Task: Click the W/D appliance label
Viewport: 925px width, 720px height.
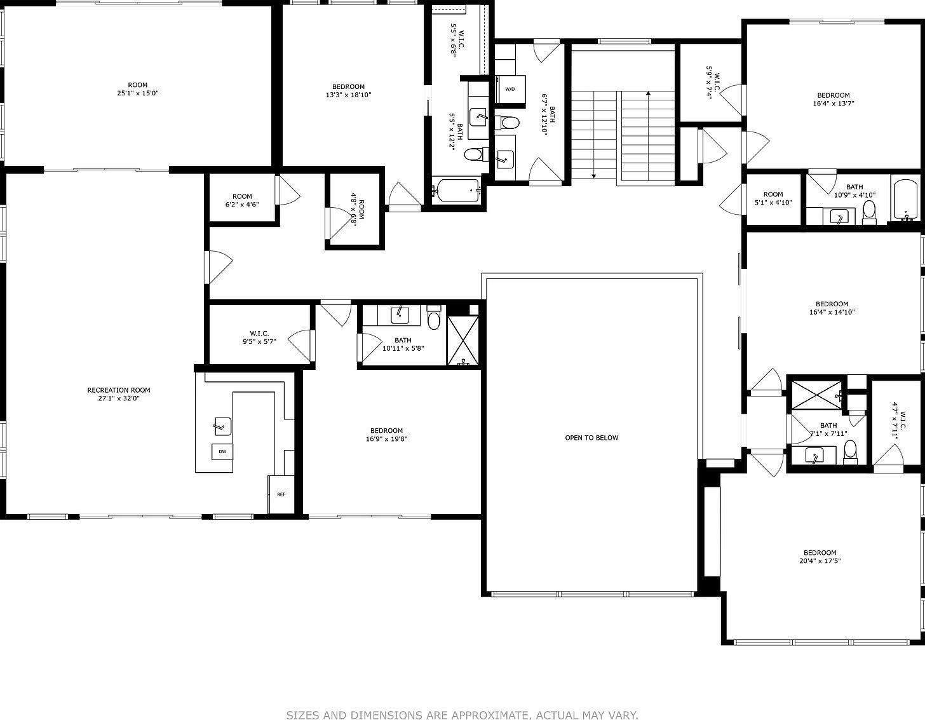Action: tap(510, 89)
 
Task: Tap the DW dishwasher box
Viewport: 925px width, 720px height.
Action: tap(222, 451)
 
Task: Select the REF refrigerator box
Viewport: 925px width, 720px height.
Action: tap(281, 494)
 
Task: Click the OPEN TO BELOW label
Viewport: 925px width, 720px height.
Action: tap(591, 437)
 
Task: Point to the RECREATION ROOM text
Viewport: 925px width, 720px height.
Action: tap(119, 390)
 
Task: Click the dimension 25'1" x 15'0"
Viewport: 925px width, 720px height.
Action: tap(137, 93)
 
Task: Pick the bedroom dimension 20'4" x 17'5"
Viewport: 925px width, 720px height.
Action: tap(820, 560)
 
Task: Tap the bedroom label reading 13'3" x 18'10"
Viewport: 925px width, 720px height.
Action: tap(348, 95)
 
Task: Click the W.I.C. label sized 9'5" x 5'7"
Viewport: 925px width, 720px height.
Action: tap(259, 337)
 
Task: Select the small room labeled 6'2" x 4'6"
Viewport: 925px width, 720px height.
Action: tap(242, 200)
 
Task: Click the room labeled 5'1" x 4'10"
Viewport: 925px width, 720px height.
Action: tap(773, 198)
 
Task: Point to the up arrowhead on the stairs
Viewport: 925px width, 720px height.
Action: tap(648, 93)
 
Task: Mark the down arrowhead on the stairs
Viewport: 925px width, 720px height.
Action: tap(593, 176)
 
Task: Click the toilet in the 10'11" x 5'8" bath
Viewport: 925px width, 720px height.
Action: tap(434, 317)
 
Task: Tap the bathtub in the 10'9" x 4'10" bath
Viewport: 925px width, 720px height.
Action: tap(906, 200)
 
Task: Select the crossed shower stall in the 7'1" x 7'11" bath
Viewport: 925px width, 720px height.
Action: tap(816, 395)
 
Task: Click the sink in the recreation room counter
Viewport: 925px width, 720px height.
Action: tap(222, 426)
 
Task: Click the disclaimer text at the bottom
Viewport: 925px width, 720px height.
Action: tap(462, 715)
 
